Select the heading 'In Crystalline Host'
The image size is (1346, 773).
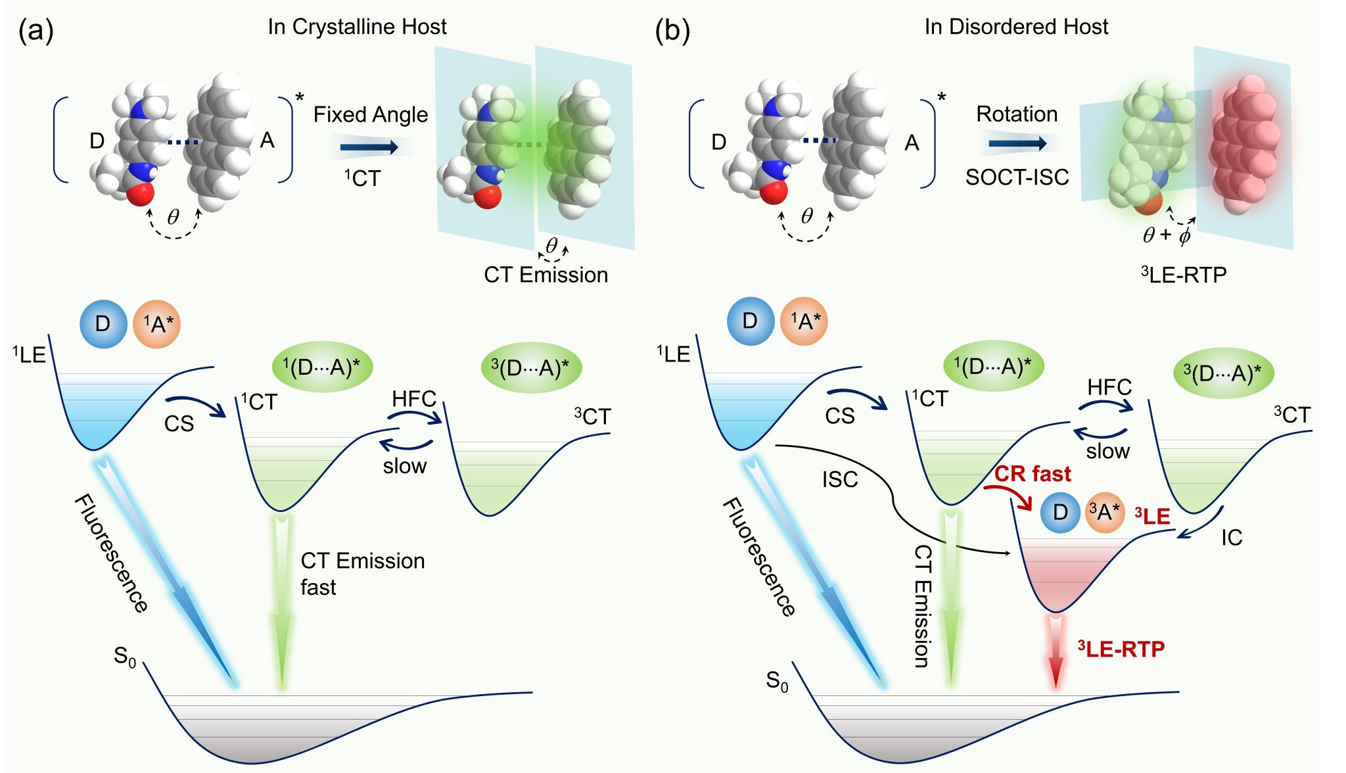point(357,27)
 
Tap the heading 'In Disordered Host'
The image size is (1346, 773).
point(1015,27)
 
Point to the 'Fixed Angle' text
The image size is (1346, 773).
point(370,115)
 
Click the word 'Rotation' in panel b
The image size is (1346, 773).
point(1016,114)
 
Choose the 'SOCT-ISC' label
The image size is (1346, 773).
point(1017,177)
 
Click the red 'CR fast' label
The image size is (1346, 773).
point(1032,474)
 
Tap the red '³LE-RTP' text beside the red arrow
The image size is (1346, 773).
point(1121,649)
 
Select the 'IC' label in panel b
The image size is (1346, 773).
point(1232,538)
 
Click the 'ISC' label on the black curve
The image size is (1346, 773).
point(840,480)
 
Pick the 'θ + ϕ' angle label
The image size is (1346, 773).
point(1167,235)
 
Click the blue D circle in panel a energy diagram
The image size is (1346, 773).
point(103,324)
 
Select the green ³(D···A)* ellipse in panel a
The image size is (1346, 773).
point(531,367)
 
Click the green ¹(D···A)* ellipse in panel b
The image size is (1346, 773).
point(992,365)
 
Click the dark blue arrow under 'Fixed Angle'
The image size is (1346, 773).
point(369,147)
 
